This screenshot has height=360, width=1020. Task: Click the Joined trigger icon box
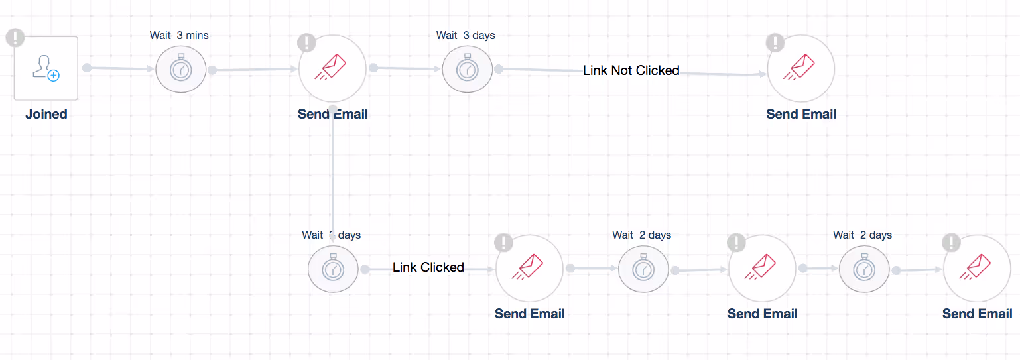(46, 68)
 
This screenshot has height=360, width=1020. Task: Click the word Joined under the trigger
(46, 114)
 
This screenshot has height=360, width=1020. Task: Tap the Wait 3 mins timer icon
(180, 68)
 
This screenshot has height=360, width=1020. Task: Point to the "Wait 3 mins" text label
(179, 35)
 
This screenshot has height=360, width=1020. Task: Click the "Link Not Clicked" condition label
(631, 70)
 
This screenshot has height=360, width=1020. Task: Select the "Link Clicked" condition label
(428, 267)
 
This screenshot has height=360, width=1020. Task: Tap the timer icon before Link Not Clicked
(467, 68)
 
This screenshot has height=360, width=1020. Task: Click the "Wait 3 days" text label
(466, 35)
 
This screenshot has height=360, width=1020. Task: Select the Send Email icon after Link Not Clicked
(800, 68)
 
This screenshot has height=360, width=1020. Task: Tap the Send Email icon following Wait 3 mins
(332, 68)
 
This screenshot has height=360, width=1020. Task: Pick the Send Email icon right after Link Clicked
(529, 268)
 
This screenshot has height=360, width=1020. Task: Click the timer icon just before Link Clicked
(332, 269)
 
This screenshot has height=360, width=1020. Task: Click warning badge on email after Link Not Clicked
(775, 43)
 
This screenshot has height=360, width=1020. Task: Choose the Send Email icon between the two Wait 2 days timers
(762, 268)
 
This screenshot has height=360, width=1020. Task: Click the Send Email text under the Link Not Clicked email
(801, 114)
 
